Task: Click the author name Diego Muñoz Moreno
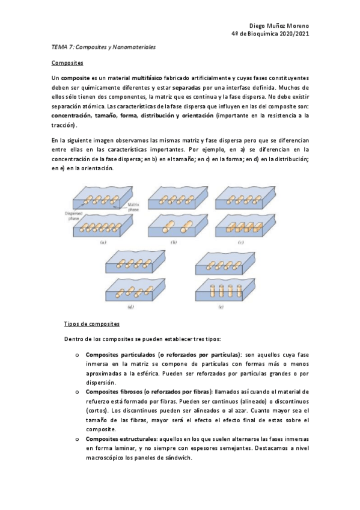click(279, 26)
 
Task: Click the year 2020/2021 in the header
click(291, 34)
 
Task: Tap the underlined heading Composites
click(67, 63)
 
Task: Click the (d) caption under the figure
click(130, 307)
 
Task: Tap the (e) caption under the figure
click(222, 307)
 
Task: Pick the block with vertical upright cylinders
click(222, 290)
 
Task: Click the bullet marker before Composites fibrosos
click(77, 391)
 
